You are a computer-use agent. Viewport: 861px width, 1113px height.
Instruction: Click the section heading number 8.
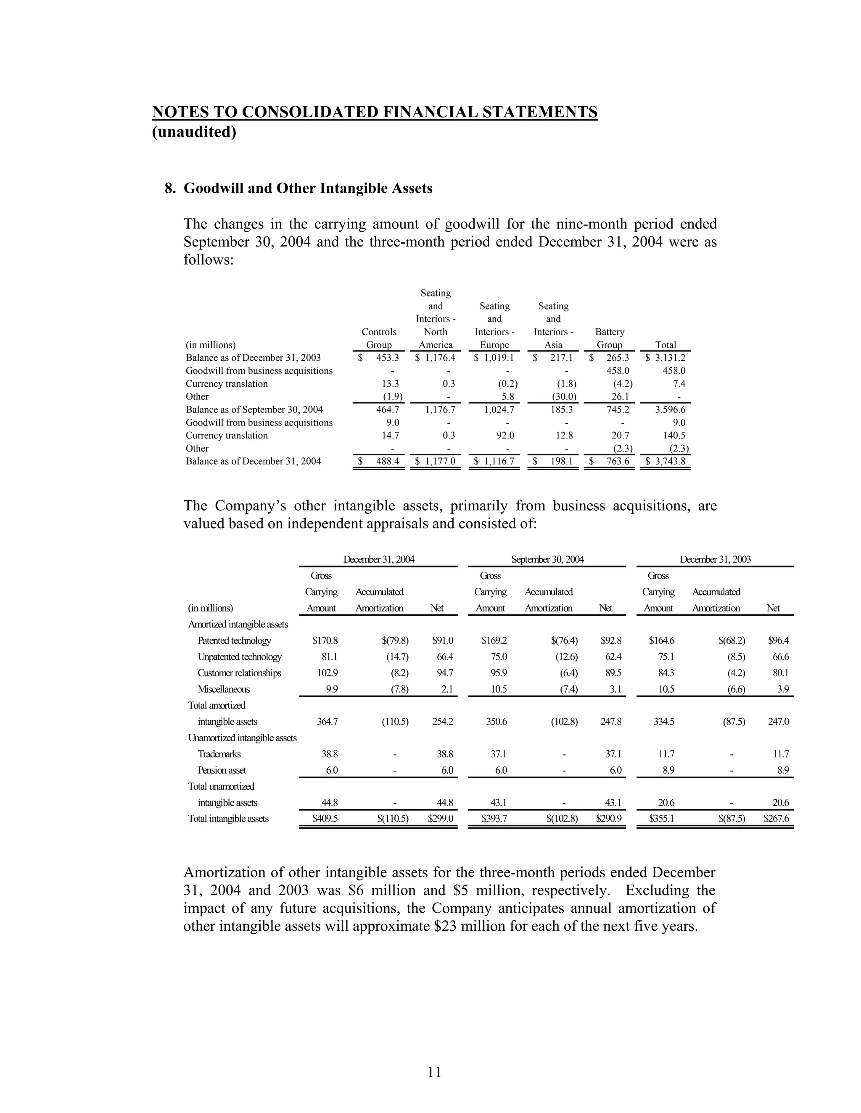tap(170, 189)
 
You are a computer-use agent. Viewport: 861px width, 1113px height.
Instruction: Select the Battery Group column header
tap(610, 339)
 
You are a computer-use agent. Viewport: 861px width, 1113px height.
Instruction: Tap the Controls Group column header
tap(378, 339)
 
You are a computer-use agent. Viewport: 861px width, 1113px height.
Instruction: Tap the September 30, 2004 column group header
tap(547, 559)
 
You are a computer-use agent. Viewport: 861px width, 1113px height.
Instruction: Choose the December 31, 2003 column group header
tap(715, 559)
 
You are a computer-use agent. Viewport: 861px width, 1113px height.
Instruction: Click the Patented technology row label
tap(234, 640)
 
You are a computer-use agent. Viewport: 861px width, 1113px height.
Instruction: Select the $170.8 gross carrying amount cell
tap(325, 640)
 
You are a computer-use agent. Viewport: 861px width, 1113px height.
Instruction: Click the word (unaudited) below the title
tap(194, 132)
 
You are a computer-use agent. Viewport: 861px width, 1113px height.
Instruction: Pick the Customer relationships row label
tap(239, 673)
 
